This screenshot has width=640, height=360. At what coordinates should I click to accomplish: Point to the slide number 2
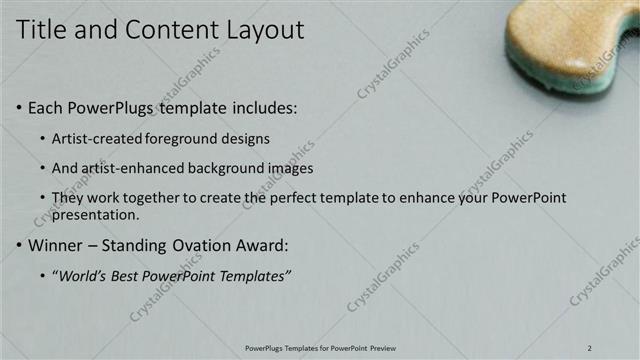(590, 348)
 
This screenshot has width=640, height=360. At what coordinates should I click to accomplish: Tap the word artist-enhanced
(134, 168)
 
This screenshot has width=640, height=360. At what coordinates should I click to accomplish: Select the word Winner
(56, 244)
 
